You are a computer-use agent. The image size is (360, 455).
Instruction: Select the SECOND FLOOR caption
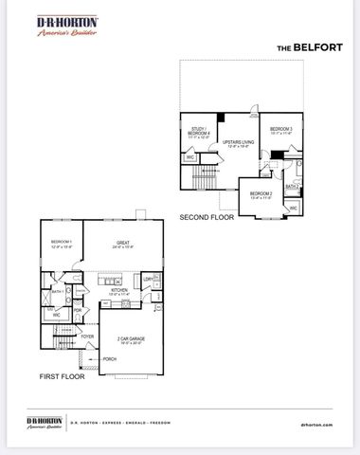click(207, 217)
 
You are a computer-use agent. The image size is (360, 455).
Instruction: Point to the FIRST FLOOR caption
click(62, 375)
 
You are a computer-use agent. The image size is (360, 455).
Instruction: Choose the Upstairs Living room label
click(236, 144)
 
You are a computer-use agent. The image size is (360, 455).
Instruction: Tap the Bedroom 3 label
click(280, 132)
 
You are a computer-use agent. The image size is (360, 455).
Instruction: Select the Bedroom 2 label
click(261, 194)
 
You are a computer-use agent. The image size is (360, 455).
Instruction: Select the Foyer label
click(87, 337)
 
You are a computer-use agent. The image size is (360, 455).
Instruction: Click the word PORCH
click(110, 359)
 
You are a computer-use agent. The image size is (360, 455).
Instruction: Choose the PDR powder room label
click(76, 309)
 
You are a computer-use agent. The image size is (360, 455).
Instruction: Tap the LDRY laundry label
click(149, 279)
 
